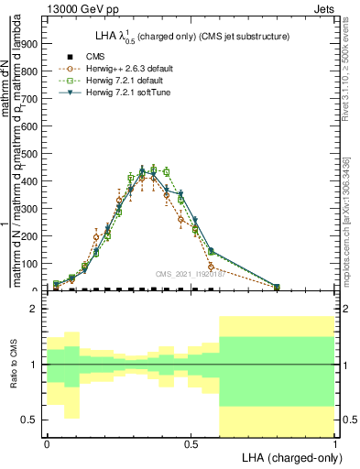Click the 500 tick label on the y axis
[32, 153]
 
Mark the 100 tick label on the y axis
[32, 263]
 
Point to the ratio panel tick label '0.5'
[31, 420]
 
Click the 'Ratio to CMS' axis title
[14, 364]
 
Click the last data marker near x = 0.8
[277, 287]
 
